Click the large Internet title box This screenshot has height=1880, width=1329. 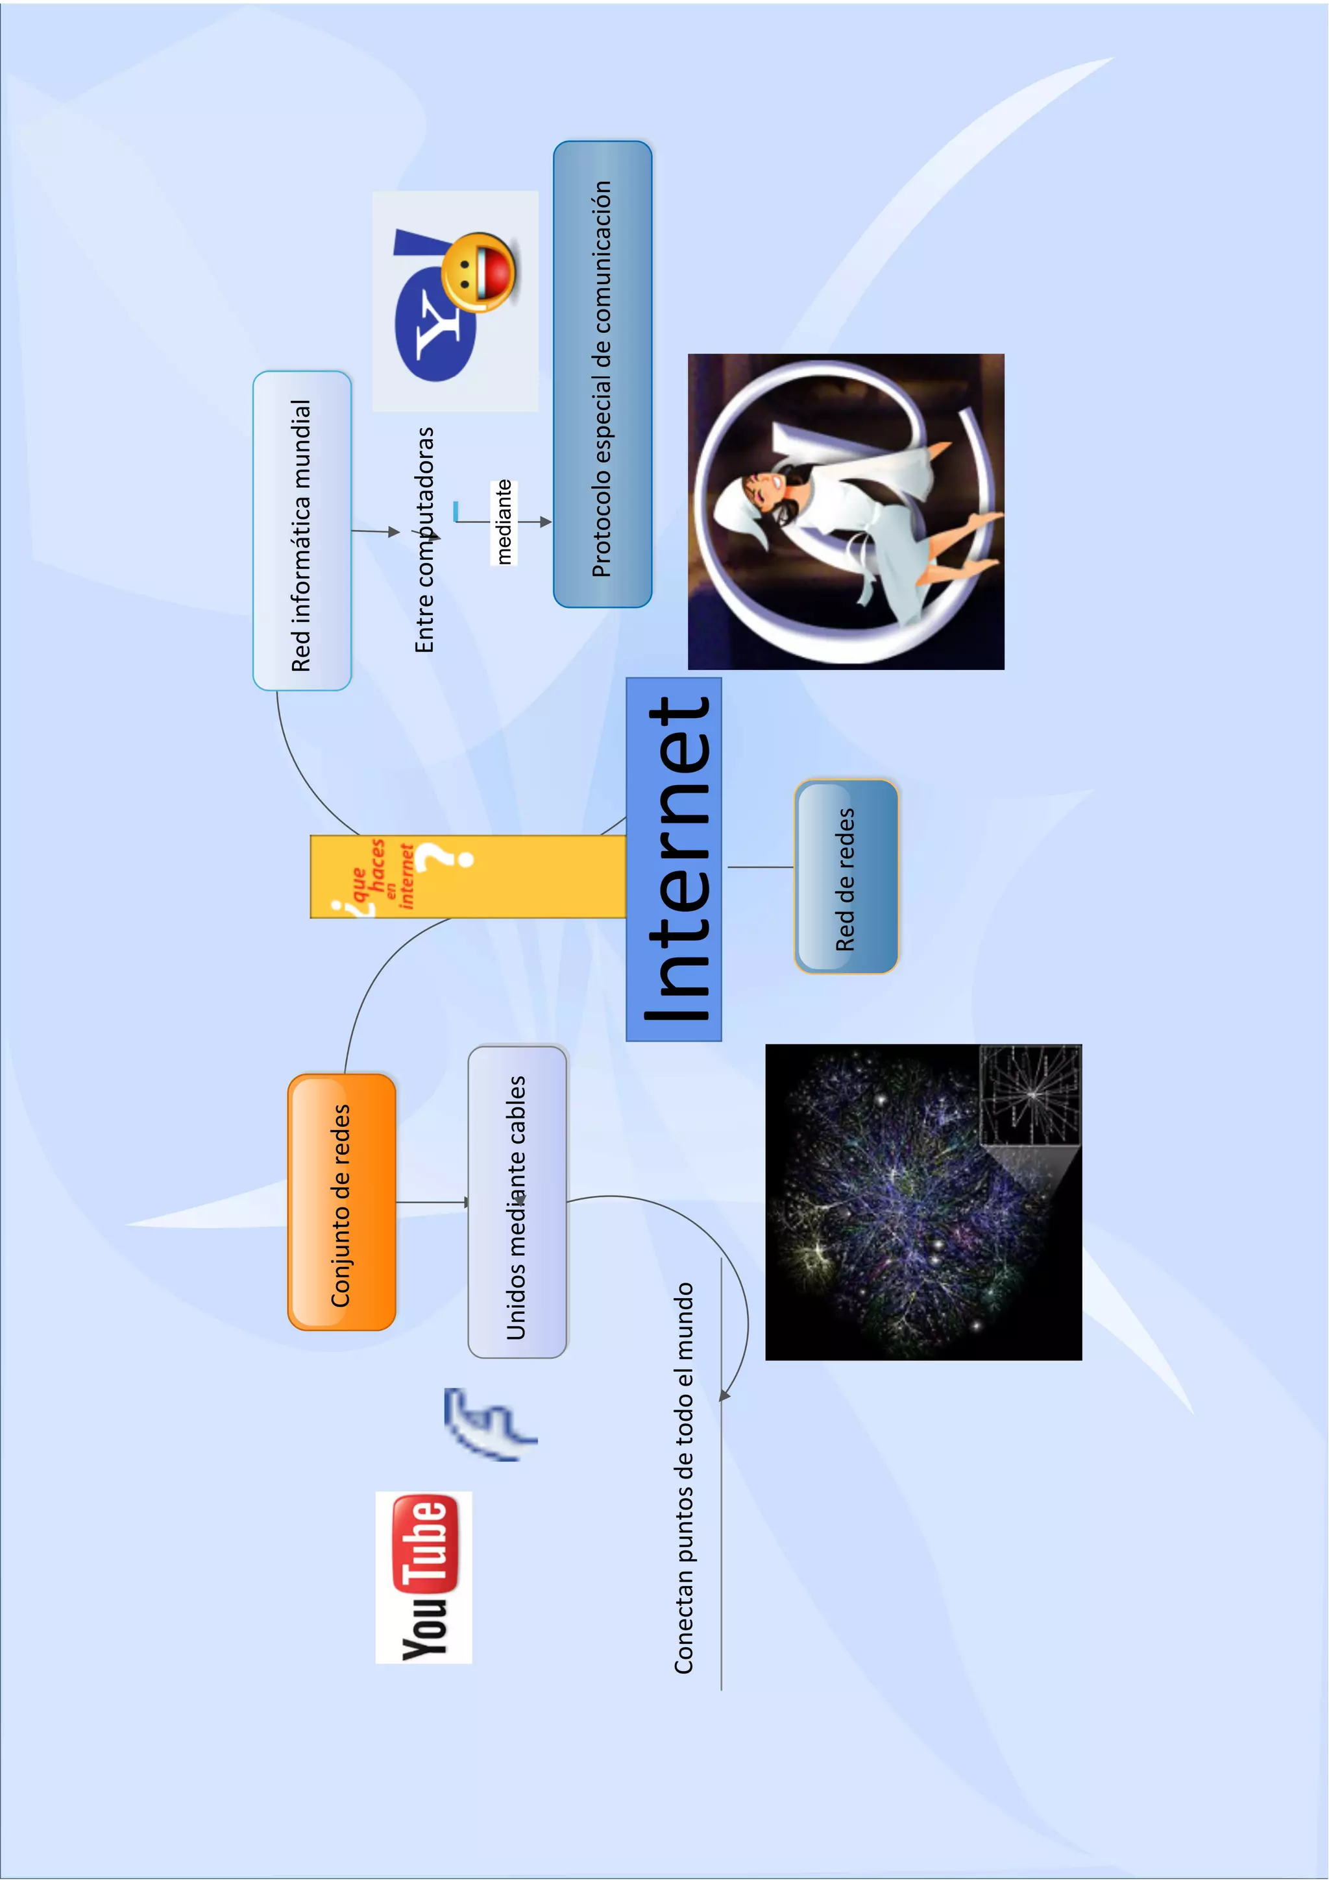[x=673, y=859]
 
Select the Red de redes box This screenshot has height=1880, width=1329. [x=846, y=876]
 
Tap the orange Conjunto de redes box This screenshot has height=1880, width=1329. [x=341, y=1201]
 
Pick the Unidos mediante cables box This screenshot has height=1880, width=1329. [x=517, y=1201]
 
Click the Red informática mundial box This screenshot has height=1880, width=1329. [x=301, y=531]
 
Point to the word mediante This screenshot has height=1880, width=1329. [x=504, y=522]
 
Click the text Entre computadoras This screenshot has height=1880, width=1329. [x=424, y=540]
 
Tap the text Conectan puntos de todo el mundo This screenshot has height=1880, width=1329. [x=684, y=1477]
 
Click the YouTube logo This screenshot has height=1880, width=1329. [x=423, y=1576]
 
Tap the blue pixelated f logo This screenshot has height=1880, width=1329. [x=487, y=1424]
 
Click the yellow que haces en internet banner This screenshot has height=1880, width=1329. [x=467, y=876]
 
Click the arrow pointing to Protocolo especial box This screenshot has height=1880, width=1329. [x=544, y=522]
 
